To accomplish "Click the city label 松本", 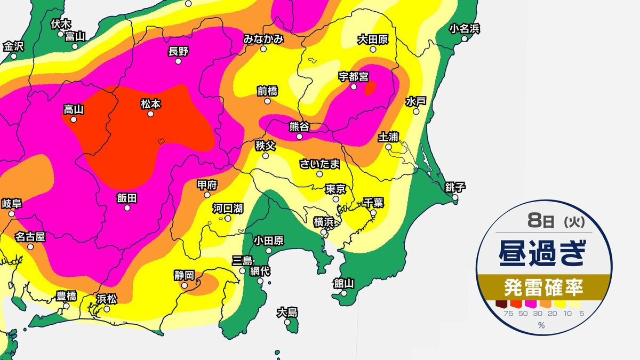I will click(x=150, y=104).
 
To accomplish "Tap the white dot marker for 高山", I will click(x=74, y=119).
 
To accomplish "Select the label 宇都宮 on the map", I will click(x=354, y=76).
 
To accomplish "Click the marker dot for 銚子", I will click(x=455, y=197).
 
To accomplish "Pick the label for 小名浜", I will click(x=465, y=28).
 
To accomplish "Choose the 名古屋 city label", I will click(x=30, y=236).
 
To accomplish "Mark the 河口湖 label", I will click(x=228, y=208).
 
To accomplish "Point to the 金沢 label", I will click(x=13, y=46).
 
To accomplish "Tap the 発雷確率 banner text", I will click(x=543, y=289).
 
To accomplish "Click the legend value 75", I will click(x=501, y=314).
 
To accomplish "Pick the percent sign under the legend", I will click(x=541, y=325).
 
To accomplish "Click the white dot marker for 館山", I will click(x=344, y=293).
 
